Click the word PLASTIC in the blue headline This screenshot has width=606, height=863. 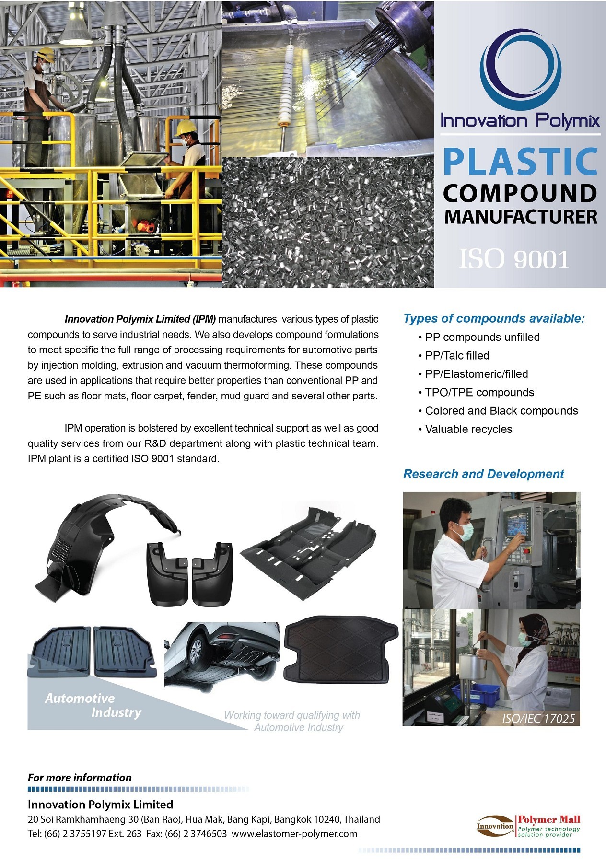point(520,162)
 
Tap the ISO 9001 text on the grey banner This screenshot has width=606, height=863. point(514,259)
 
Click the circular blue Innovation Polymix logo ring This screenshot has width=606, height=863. point(520,70)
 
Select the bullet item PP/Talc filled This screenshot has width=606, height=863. point(457,356)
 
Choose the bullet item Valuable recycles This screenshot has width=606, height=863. point(468,429)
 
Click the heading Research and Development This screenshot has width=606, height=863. point(483,474)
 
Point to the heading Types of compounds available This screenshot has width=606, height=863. point(494,319)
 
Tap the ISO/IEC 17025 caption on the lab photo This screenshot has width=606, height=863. point(538,719)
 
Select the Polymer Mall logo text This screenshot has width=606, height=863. point(548,819)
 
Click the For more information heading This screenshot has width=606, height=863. point(80,778)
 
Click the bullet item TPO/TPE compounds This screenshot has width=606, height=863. point(479,392)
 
